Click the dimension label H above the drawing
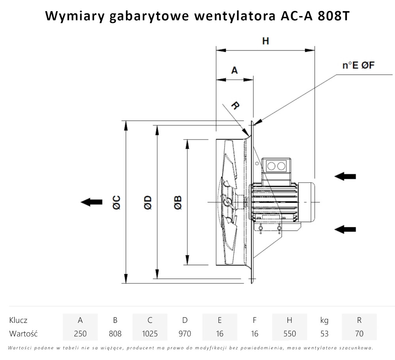click(265, 41)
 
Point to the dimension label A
click(234, 70)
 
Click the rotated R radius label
click(235, 106)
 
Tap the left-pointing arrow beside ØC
click(91, 202)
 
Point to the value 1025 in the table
click(150, 334)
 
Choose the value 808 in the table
click(115, 334)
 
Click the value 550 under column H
click(290, 334)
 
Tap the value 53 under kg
click(324, 334)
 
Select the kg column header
click(324, 320)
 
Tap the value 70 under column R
click(359, 334)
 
